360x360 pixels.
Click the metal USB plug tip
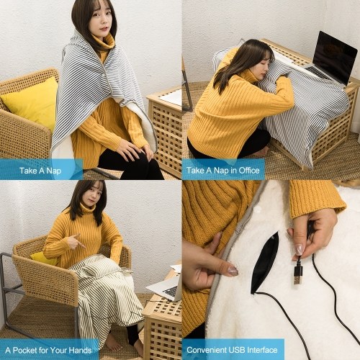297,279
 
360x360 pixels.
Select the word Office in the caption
249,171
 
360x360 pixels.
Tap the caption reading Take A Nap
40,171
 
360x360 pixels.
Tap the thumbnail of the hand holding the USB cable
300,250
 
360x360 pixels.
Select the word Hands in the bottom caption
80,350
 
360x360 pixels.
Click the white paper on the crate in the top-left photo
171,97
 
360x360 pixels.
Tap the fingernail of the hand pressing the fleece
233,271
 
